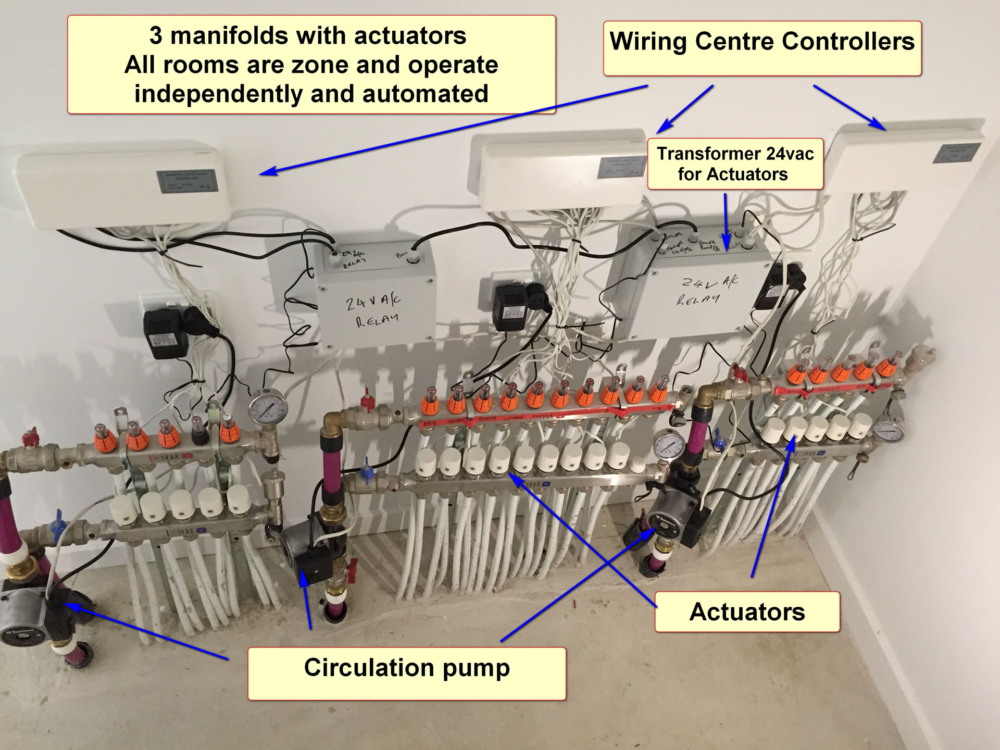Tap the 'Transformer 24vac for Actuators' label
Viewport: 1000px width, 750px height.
point(735,164)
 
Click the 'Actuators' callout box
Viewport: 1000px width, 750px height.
point(747,611)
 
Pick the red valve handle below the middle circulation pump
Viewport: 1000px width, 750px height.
point(353,565)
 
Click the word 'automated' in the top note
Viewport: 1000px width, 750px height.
point(425,94)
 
